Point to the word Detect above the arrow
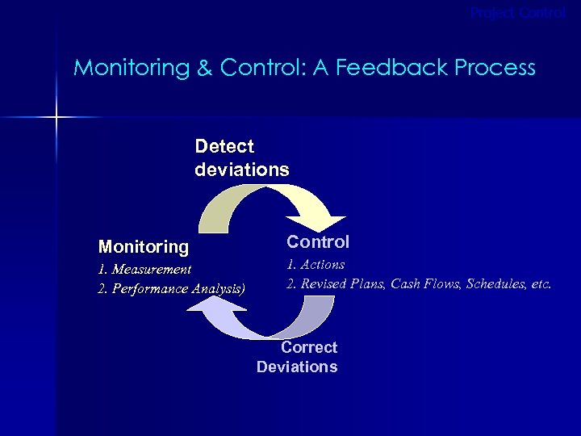[x=224, y=147]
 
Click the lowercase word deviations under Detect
[x=241, y=170]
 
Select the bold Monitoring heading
[x=143, y=245]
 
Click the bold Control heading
[x=318, y=241]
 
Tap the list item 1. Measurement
[x=144, y=269]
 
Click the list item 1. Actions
[x=316, y=264]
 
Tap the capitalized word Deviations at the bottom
[x=297, y=367]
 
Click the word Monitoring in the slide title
[x=130, y=68]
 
